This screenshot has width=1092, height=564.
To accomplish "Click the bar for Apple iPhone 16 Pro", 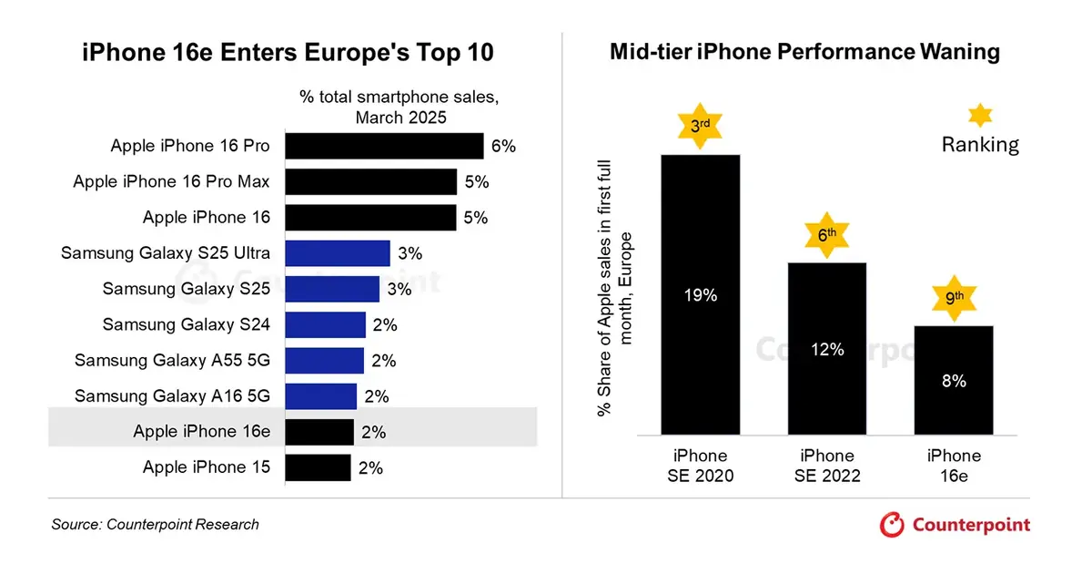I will point(384,146).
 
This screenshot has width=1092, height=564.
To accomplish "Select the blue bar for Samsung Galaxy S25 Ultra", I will point(338,253).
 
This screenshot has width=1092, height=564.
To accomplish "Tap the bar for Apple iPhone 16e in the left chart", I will point(319,432).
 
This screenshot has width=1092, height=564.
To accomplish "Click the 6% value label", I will point(503,146).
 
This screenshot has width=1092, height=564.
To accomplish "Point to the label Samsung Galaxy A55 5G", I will point(172,361).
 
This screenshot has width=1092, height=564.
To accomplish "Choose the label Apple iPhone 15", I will point(207,467).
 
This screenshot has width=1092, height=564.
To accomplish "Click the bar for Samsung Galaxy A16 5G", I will point(321,396).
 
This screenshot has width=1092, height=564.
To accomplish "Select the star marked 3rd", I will point(700,127).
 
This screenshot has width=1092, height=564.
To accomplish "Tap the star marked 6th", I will point(826,235).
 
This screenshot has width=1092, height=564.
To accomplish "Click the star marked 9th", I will point(953,298).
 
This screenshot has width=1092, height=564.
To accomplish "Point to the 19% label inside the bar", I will point(700,296).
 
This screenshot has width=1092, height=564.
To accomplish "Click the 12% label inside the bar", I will point(827,349).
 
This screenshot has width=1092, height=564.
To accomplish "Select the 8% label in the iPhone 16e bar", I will point(954,382).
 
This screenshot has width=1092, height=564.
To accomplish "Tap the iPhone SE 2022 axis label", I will point(827,466).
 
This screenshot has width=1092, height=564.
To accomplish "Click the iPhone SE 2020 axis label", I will point(700,466).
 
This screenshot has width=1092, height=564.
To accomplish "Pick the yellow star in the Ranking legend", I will point(980,115).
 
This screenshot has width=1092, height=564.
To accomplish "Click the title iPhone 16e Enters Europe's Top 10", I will point(288,53).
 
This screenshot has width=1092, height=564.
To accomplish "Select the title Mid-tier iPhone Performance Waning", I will point(804,52).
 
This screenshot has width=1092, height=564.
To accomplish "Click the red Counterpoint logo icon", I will point(893,525).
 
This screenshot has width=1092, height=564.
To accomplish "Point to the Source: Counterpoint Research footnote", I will point(156,525).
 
